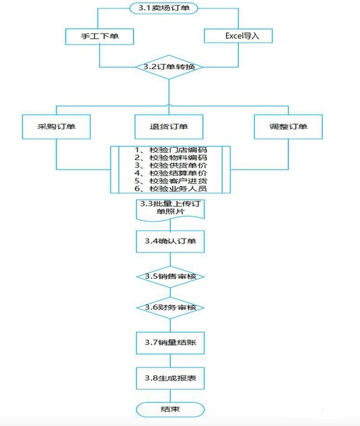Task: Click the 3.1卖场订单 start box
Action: pyautogui.click(x=164, y=8)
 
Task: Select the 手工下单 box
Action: pyautogui.click(x=99, y=36)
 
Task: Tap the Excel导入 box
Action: pyautogui.click(x=238, y=36)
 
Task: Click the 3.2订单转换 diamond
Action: pyautogui.click(x=169, y=67)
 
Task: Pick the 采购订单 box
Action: pyautogui.click(x=56, y=127)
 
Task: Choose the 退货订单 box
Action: pyautogui.click(x=169, y=127)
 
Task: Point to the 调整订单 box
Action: pyautogui.click(x=288, y=127)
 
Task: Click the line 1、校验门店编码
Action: pyautogui.click(x=171, y=150)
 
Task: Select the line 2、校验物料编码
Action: pyautogui.click(x=171, y=158)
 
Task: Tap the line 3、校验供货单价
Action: pyautogui.click(x=171, y=165)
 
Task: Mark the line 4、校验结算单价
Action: pyautogui.click(x=171, y=173)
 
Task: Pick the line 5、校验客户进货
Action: pyautogui.click(x=171, y=181)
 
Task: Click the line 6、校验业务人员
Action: pyautogui.click(x=171, y=189)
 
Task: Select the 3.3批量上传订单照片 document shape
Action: pyautogui.click(x=170, y=210)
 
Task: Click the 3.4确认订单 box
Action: pyautogui.click(x=170, y=241)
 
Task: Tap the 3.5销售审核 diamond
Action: pyautogui.click(x=170, y=277)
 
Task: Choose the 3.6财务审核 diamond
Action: pyautogui.click(x=170, y=308)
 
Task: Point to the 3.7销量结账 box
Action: pyautogui.click(x=170, y=343)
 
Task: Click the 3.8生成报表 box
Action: pyautogui.click(x=170, y=379)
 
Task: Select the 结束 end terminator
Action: pyautogui.click(x=170, y=410)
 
